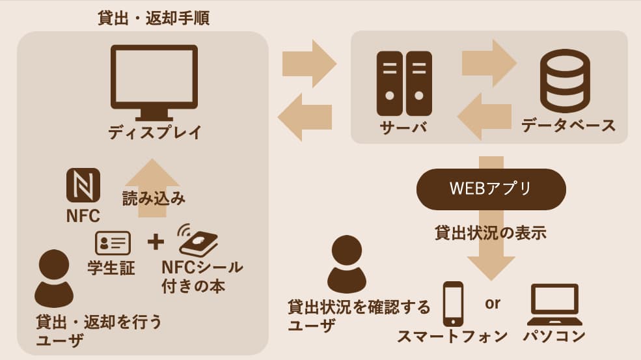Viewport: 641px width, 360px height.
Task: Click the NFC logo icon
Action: [x=83, y=186]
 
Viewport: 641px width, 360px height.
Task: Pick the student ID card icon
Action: [x=113, y=243]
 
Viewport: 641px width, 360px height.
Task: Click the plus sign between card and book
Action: [x=156, y=242]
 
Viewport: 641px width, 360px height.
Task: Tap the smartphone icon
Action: [x=453, y=303]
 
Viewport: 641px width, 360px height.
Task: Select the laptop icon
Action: [x=554, y=305]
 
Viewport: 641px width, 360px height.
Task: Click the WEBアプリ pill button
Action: [x=491, y=189]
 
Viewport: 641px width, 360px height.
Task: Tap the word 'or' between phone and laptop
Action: [x=493, y=303]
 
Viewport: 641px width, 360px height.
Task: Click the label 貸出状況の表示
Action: [x=490, y=232]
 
